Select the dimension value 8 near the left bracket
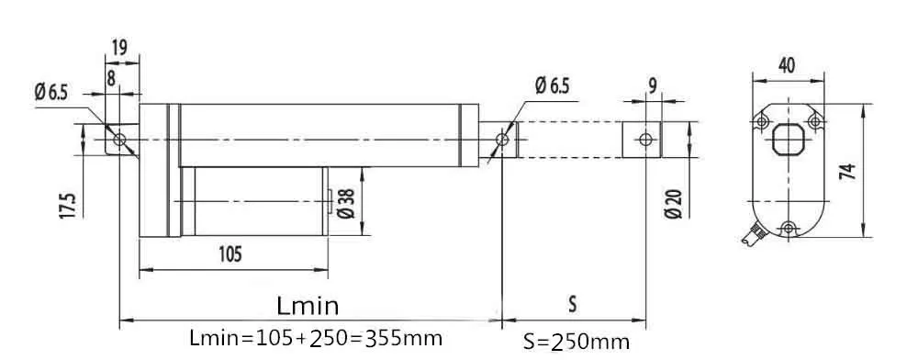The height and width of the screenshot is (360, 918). [x=111, y=78]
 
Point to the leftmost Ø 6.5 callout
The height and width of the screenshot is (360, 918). [x=51, y=93]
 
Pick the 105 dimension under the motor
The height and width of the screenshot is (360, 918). [x=229, y=254]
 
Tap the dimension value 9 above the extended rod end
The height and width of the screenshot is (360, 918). [x=652, y=85]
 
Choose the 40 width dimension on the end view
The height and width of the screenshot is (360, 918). [x=787, y=65]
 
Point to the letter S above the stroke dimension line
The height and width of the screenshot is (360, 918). [x=573, y=302]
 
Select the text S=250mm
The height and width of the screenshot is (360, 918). [x=577, y=342]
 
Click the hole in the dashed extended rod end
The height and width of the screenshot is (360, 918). [x=646, y=139]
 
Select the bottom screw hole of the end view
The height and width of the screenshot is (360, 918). [x=787, y=227]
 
